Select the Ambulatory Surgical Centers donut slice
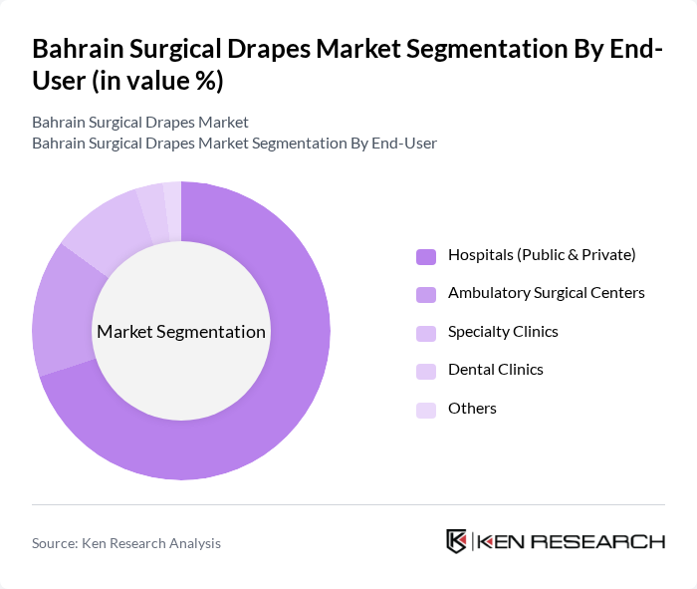[x=60, y=309]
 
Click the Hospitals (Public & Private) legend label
[x=541, y=255]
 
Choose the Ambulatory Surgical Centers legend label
[x=546, y=293]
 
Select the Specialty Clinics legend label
[x=503, y=332]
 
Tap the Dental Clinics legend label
[x=495, y=370]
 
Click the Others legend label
[x=472, y=409]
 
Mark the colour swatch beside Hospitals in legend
[x=426, y=256]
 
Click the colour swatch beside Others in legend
[x=426, y=410]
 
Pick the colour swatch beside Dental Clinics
[x=426, y=371]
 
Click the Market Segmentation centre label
[x=181, y=332]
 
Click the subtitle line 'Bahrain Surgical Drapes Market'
[x=139, y=123]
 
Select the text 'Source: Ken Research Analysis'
[x=126, y=543]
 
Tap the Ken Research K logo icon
[x=457, y=541]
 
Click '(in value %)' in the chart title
[x=157, y=82]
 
